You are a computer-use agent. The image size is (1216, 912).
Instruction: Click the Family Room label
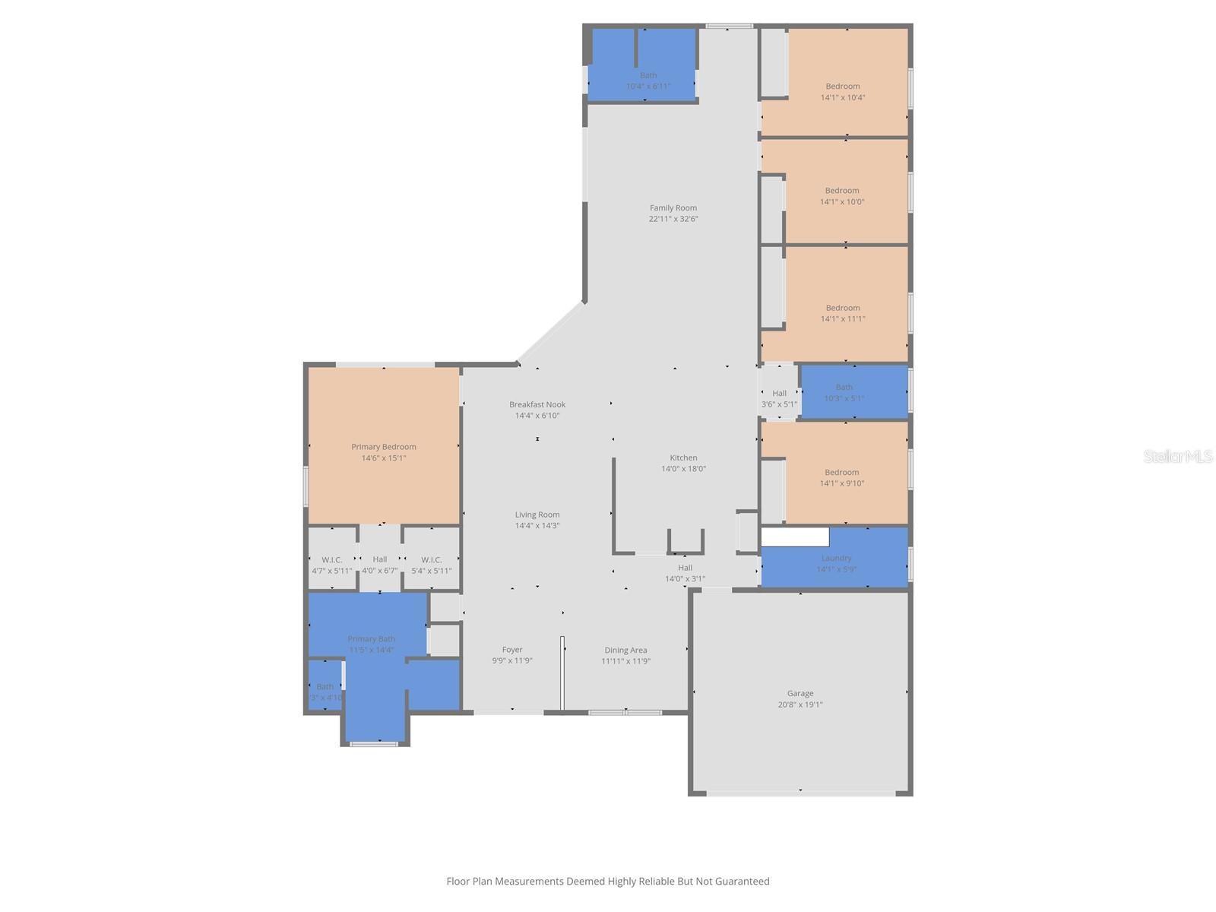(673, 207)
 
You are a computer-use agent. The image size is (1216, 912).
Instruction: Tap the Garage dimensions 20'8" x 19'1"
(800, 705)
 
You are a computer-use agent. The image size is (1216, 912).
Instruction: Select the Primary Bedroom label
(383, 447)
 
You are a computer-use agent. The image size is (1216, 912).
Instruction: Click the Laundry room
(836, 562)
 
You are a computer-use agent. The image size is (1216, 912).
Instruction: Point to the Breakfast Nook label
(537, 404)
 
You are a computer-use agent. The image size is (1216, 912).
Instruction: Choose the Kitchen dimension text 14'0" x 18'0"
(683, 469)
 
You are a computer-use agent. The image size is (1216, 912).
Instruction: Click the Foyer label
(511, 650)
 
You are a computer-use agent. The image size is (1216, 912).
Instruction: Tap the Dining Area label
(625, 650)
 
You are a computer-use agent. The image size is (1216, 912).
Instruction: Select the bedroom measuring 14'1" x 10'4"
(842, 91)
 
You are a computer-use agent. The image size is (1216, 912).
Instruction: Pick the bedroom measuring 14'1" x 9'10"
(841, 477)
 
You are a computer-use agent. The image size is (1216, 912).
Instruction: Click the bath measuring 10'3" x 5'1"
(844, 392)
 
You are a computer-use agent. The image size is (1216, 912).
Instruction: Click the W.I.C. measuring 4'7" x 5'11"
(331, 565)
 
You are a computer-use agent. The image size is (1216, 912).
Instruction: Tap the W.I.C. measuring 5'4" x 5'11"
(431, 565)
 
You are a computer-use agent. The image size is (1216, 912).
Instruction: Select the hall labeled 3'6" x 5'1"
(779, 399)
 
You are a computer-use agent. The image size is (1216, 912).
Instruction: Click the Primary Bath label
(371, 639)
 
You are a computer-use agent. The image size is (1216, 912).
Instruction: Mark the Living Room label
(537, 515)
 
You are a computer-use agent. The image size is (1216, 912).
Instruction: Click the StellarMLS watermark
(1177, 456)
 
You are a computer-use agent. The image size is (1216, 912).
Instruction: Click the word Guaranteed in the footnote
(741, 882)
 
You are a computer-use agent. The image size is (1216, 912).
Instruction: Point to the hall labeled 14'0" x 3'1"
(685, 573)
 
